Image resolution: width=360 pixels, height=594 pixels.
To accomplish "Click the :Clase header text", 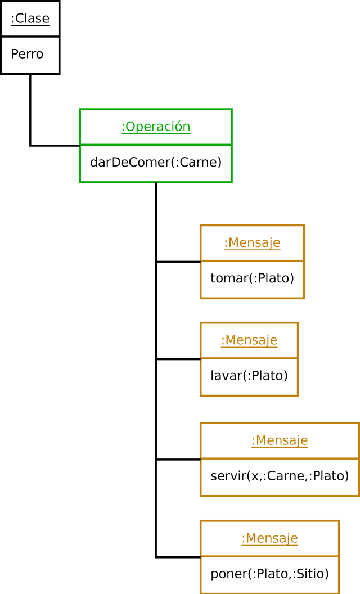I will [30, 19].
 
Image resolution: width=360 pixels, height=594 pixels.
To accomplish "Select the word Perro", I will [27, 54].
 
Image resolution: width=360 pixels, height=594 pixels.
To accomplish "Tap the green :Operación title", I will [156, 127].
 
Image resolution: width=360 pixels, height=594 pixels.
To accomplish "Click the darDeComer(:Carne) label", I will [156, 162].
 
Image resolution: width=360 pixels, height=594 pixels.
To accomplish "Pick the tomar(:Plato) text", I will [252, 278].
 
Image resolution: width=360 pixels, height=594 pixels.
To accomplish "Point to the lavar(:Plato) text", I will [249, 375].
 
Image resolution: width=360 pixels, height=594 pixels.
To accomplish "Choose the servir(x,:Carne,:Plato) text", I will [280, 476].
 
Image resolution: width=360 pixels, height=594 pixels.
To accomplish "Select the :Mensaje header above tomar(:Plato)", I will [252, 243].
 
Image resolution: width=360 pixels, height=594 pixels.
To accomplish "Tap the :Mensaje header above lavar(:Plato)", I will [249, 340].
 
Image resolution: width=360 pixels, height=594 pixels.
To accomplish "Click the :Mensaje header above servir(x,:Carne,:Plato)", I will [280, 440].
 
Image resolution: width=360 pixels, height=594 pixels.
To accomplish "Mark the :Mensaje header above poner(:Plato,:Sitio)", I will [269, 538].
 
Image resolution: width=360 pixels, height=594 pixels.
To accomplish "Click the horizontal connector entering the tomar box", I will [178, 262].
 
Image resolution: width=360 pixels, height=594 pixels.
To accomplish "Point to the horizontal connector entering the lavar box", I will [178, 359].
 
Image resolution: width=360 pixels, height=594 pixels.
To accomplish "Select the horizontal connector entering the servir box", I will [178, 460].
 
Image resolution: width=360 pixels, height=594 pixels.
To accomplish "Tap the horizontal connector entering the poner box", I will [178, 557].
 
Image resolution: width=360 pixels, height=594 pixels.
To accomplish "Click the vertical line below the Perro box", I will [30, 110].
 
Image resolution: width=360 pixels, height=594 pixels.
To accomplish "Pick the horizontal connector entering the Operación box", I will [55, 146].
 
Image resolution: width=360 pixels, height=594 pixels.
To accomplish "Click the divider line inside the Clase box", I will [30, 37].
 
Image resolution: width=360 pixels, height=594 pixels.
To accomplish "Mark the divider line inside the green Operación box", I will [156, 145].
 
